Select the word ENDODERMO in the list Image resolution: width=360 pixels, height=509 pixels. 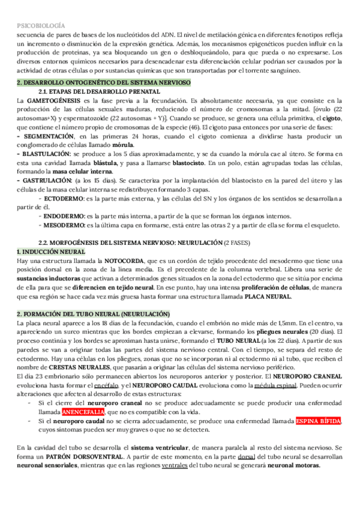[64, 216]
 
